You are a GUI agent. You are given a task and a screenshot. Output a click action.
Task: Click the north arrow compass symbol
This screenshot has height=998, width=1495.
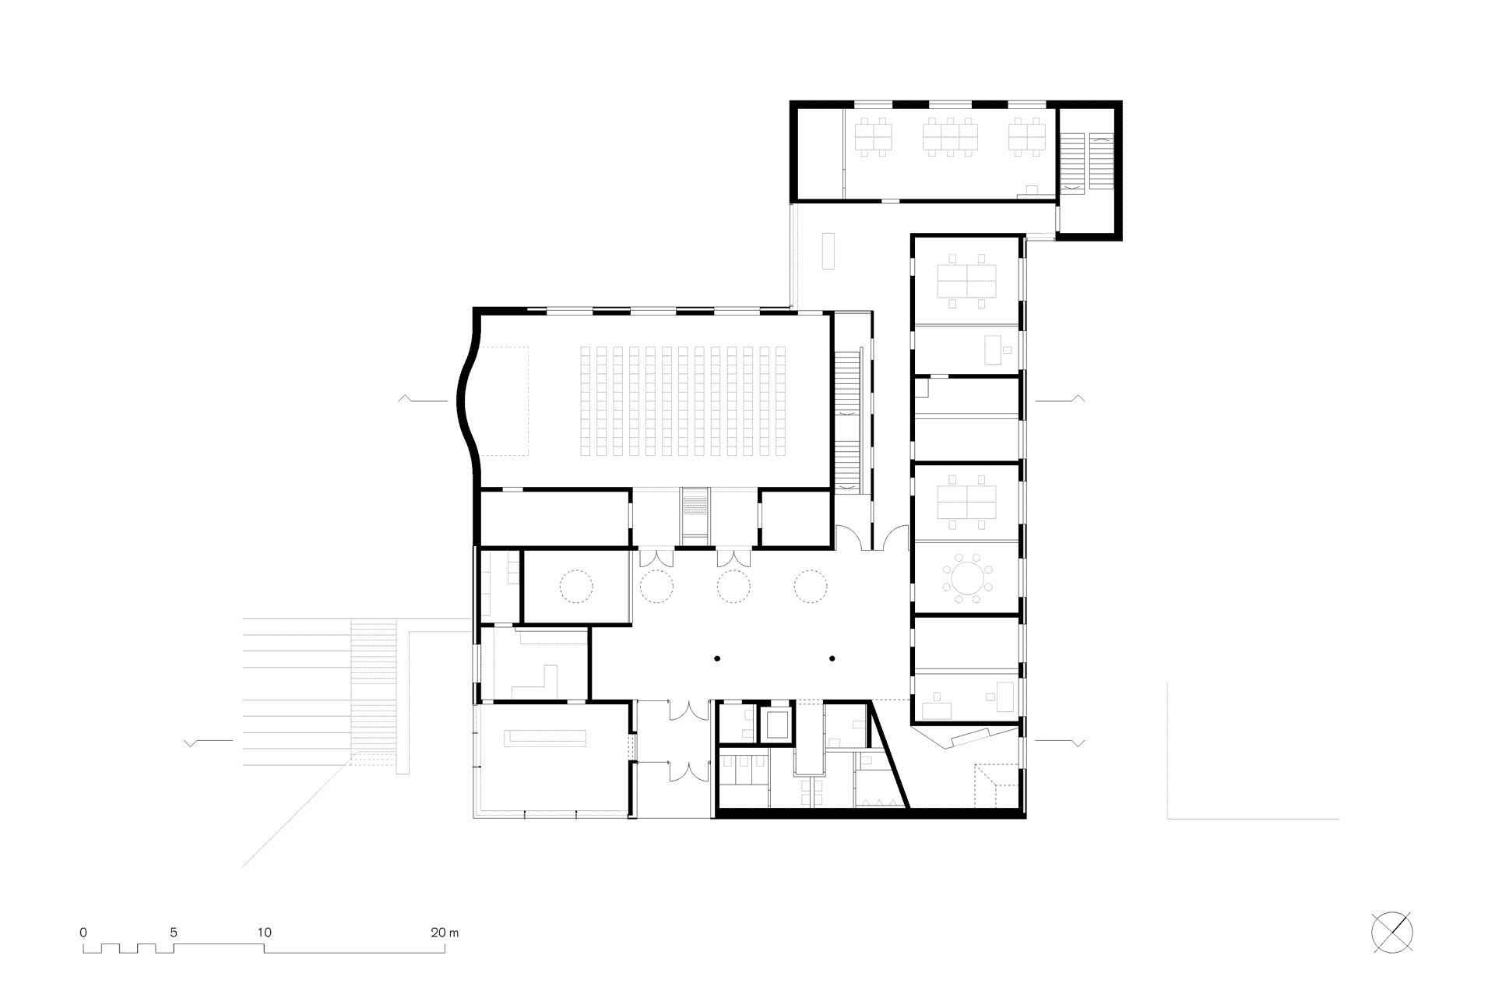point(1392,933)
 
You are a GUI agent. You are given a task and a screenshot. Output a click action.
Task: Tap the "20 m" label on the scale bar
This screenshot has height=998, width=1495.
point(445,932)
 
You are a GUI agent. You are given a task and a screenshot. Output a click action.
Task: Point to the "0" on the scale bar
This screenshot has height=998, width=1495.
point(83,932)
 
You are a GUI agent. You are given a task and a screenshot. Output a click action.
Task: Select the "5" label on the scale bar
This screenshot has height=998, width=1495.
point(174,932)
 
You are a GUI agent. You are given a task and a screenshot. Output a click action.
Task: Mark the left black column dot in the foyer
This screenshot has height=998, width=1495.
point(717,659)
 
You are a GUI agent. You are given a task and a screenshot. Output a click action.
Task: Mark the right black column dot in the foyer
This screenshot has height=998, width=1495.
point(832,659)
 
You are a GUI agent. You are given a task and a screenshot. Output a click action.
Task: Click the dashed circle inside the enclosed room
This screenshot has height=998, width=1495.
point(577,586)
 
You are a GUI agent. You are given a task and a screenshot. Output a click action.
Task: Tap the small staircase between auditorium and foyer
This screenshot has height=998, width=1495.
point(695,516)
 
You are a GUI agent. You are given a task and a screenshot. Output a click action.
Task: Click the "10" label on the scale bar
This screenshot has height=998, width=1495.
point(264,932)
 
